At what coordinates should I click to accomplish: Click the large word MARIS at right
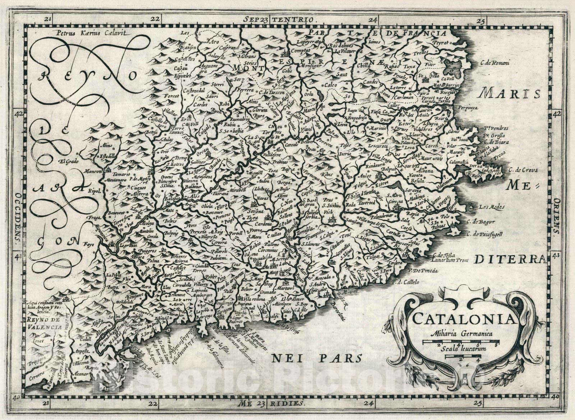coord(511,94)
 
